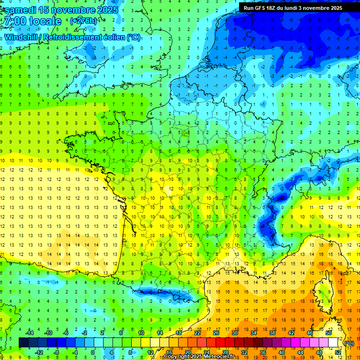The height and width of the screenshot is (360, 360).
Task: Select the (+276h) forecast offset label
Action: pyautogui.click(x=83, y=21)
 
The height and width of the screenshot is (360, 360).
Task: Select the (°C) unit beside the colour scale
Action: pyautogui.click(x=349, y=343)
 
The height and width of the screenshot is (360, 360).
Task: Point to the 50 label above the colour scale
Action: pyautogui.click(x=329, y=333)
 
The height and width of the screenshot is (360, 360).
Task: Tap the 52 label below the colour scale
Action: pyautogui.click(x=338, y=352)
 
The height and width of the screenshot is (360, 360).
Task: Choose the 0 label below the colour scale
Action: pyautogui.click(x=93, y=352)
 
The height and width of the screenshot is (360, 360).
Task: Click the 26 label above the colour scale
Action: pyautogui.click(x=216, y=333)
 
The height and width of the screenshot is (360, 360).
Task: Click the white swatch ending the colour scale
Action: pyautogui.click(x=333, y=343)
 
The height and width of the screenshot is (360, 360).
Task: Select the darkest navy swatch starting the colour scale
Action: pyautogui.click(x=23, y=343)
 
